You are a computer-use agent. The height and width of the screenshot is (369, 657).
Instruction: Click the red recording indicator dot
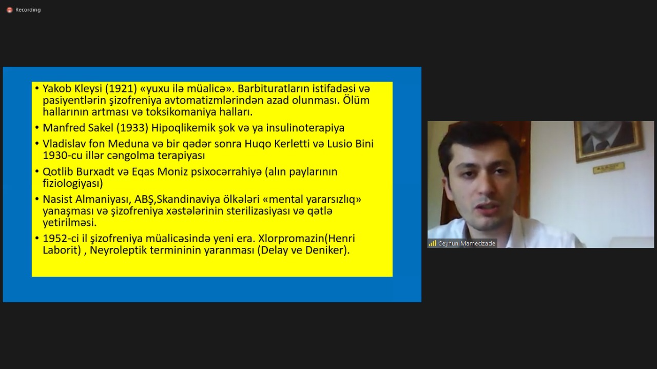point(9,10)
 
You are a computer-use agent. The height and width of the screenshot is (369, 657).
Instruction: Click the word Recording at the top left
point(28,10)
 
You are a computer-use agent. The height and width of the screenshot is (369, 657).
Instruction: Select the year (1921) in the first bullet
point(121,89)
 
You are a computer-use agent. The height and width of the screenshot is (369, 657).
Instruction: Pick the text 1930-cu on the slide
point(63,156)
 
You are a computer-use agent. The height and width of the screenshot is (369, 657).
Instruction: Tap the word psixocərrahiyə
point(226,172)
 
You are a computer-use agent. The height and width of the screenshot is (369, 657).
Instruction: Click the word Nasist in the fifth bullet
point(57,200)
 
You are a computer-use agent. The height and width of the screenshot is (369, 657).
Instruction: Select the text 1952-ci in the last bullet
point(61,239)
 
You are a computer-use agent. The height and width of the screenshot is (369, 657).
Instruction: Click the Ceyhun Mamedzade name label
point(467,243)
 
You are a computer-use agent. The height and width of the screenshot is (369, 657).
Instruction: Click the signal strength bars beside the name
point(432,243)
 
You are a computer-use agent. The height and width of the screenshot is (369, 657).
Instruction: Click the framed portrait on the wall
point(608,141)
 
